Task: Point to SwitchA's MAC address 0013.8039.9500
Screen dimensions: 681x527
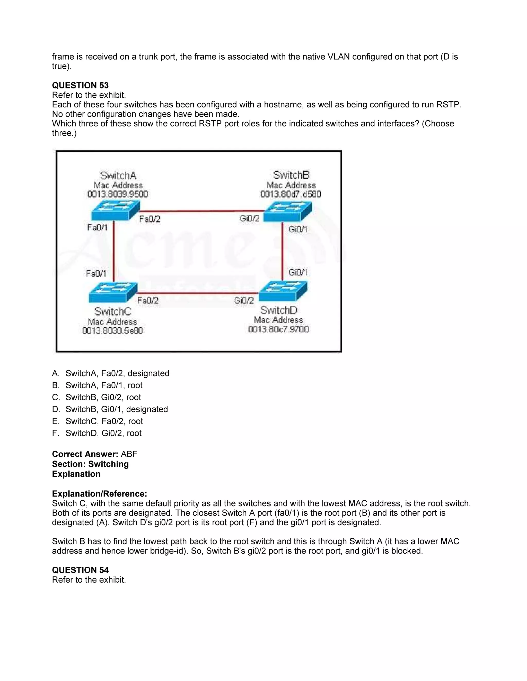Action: [x=118, y=194]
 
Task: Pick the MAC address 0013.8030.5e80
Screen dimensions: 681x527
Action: [x=112, y=330]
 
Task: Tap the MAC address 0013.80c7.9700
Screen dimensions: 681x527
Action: [x=278, y=329]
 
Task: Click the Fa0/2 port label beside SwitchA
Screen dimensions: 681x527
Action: [x=150, y=219]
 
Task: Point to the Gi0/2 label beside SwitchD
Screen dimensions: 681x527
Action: [x=244, y=301]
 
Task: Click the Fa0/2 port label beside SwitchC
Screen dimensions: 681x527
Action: [x=148, y=301]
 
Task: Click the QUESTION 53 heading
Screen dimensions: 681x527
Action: [x=80, y=85]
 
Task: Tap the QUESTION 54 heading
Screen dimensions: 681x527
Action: [x=80, y=570]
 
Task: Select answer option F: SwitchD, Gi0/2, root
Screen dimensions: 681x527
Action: [x=103, y=433]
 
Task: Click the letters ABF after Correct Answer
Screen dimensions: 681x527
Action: [x=129, y=454]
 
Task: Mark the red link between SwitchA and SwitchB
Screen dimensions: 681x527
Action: [x=201, y=211]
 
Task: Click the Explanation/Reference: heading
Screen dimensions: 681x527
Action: [x=99, y=494]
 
